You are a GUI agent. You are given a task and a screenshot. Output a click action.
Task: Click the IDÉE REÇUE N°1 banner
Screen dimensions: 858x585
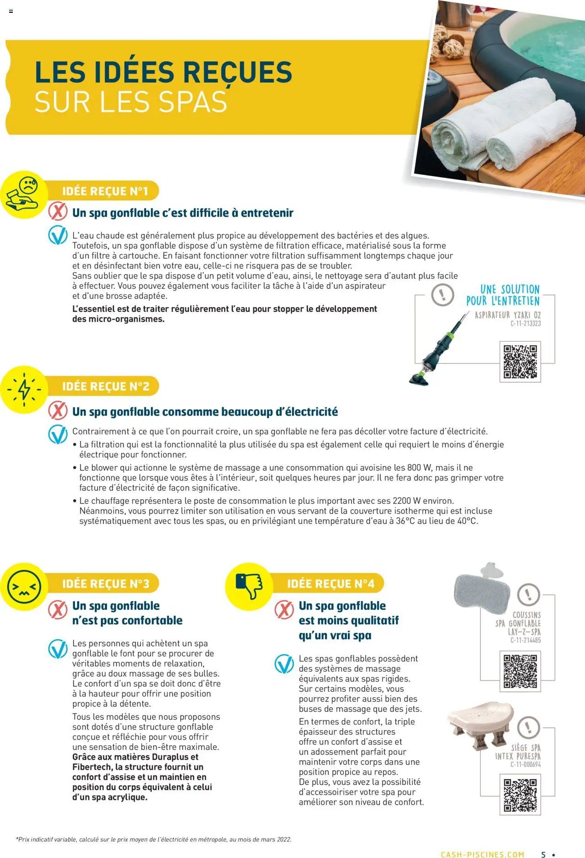tap(105, 191)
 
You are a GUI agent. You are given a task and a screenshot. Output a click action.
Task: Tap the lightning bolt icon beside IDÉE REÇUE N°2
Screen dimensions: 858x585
tap(24, 390)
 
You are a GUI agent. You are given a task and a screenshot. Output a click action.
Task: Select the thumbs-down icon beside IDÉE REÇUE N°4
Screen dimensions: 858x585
tap(249, 586)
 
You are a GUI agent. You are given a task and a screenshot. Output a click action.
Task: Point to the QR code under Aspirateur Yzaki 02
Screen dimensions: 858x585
tap(520, 362)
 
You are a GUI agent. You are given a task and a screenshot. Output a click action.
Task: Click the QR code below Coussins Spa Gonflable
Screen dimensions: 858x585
tap(520, 671)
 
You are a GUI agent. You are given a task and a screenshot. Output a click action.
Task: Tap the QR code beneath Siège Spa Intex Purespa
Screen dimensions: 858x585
tap(520, 795)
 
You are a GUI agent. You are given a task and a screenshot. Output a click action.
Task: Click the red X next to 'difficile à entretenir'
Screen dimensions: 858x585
tap(58, 212)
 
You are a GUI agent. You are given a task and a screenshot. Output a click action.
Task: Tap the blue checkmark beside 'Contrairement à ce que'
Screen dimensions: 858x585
tap(58, 434)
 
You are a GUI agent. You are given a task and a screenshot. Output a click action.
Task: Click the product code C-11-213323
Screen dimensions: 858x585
tap(525, 324)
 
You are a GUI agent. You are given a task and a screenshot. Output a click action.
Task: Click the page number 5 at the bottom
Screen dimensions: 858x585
tap(543, 854)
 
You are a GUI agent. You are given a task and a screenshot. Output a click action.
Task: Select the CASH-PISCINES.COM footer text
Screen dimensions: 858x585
tap(482, 854)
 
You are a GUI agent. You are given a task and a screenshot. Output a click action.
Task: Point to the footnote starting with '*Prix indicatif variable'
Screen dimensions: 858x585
tap(154, 839)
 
